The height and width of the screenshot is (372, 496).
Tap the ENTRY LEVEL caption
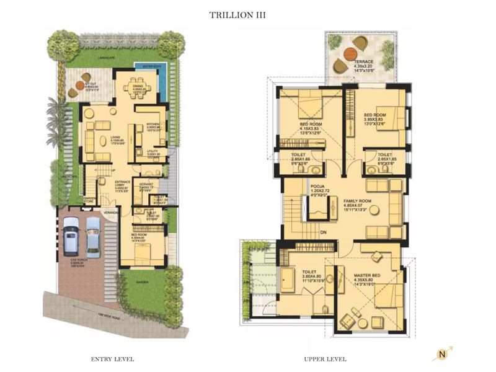(x=112, y=359)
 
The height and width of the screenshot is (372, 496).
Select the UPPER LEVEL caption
(x=325, y=359)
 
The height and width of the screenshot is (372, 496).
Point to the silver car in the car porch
(x=94, y=236)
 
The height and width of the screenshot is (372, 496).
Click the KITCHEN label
(x=153, y=124)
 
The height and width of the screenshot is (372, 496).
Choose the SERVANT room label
(x=146, y=185)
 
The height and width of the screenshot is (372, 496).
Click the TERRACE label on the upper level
(x=364, y=62)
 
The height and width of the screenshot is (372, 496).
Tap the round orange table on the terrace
(x=356, y=44)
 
